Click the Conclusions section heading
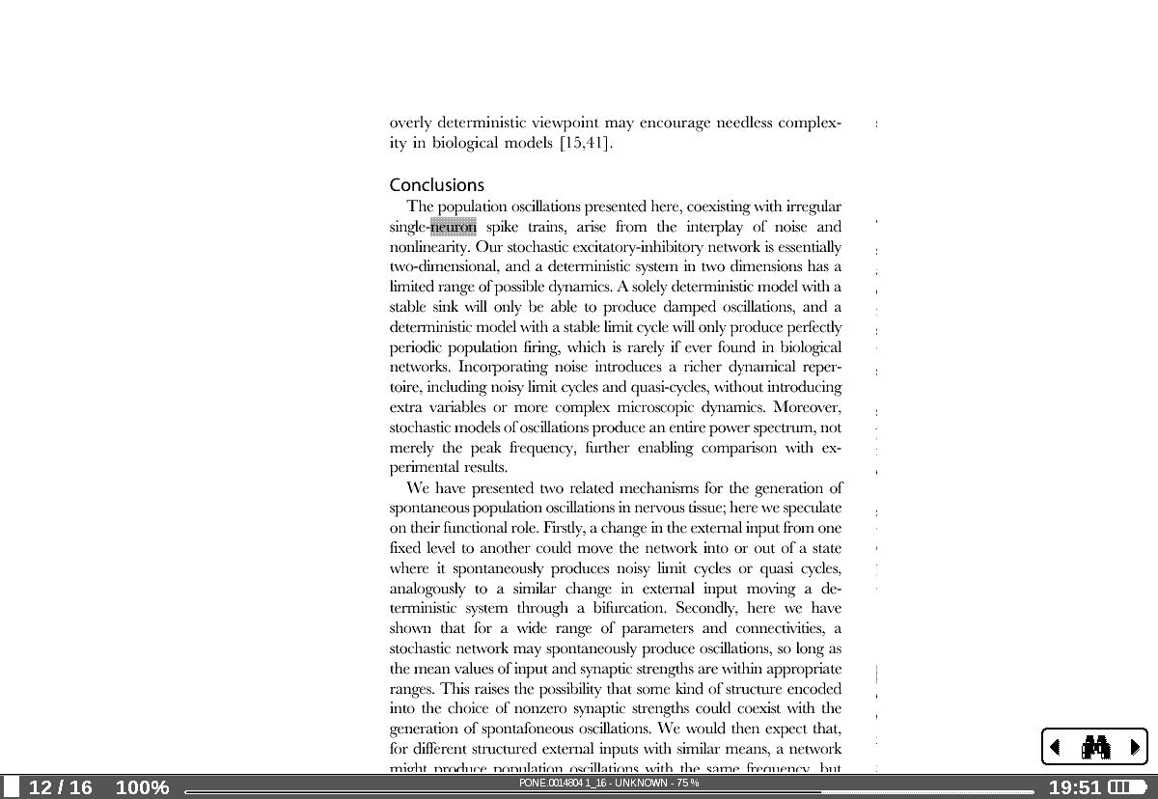point(436,185)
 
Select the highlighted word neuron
point(454,228)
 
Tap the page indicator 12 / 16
point(61,787)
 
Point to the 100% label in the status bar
point(142,787)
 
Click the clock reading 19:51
point(1074,787)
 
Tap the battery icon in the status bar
point(1126,787)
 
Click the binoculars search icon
point(1095,747)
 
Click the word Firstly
point(564,528)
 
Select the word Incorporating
point(501,367)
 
